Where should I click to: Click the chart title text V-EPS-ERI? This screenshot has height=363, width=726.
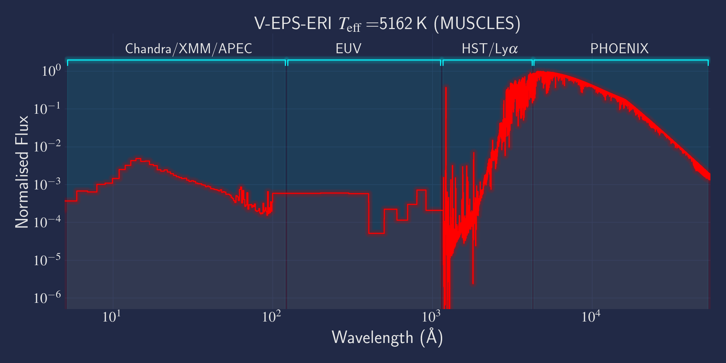[x=293, y=24]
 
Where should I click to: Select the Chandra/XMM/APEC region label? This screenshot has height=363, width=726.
[x=189, y=49]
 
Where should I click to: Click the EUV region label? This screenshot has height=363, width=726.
[x=348, y=49]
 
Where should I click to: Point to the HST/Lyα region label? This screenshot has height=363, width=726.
[x=490, y=49]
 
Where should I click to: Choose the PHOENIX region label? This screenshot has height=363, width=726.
[x=619, y=49]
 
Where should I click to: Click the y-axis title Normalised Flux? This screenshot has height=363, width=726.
[x=21, y=172]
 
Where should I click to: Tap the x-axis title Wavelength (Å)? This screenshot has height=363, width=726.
[x=387, y=337]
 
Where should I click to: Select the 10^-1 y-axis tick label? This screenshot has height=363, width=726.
[x=47, y=109]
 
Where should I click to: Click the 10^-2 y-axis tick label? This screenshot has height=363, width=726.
[x=47, y=147]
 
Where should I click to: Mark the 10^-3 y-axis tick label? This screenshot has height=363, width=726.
[x=47, y=185]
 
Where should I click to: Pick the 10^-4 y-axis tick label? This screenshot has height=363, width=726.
[x=47, y=222]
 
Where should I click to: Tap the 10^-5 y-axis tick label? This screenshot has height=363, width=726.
[x=47, y=260]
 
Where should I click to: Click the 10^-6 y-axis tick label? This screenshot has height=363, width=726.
[x=47, y=298]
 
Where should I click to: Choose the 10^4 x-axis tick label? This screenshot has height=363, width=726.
[x=591, y=317]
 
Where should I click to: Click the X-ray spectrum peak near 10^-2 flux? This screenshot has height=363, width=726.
[x=138, y=159]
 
